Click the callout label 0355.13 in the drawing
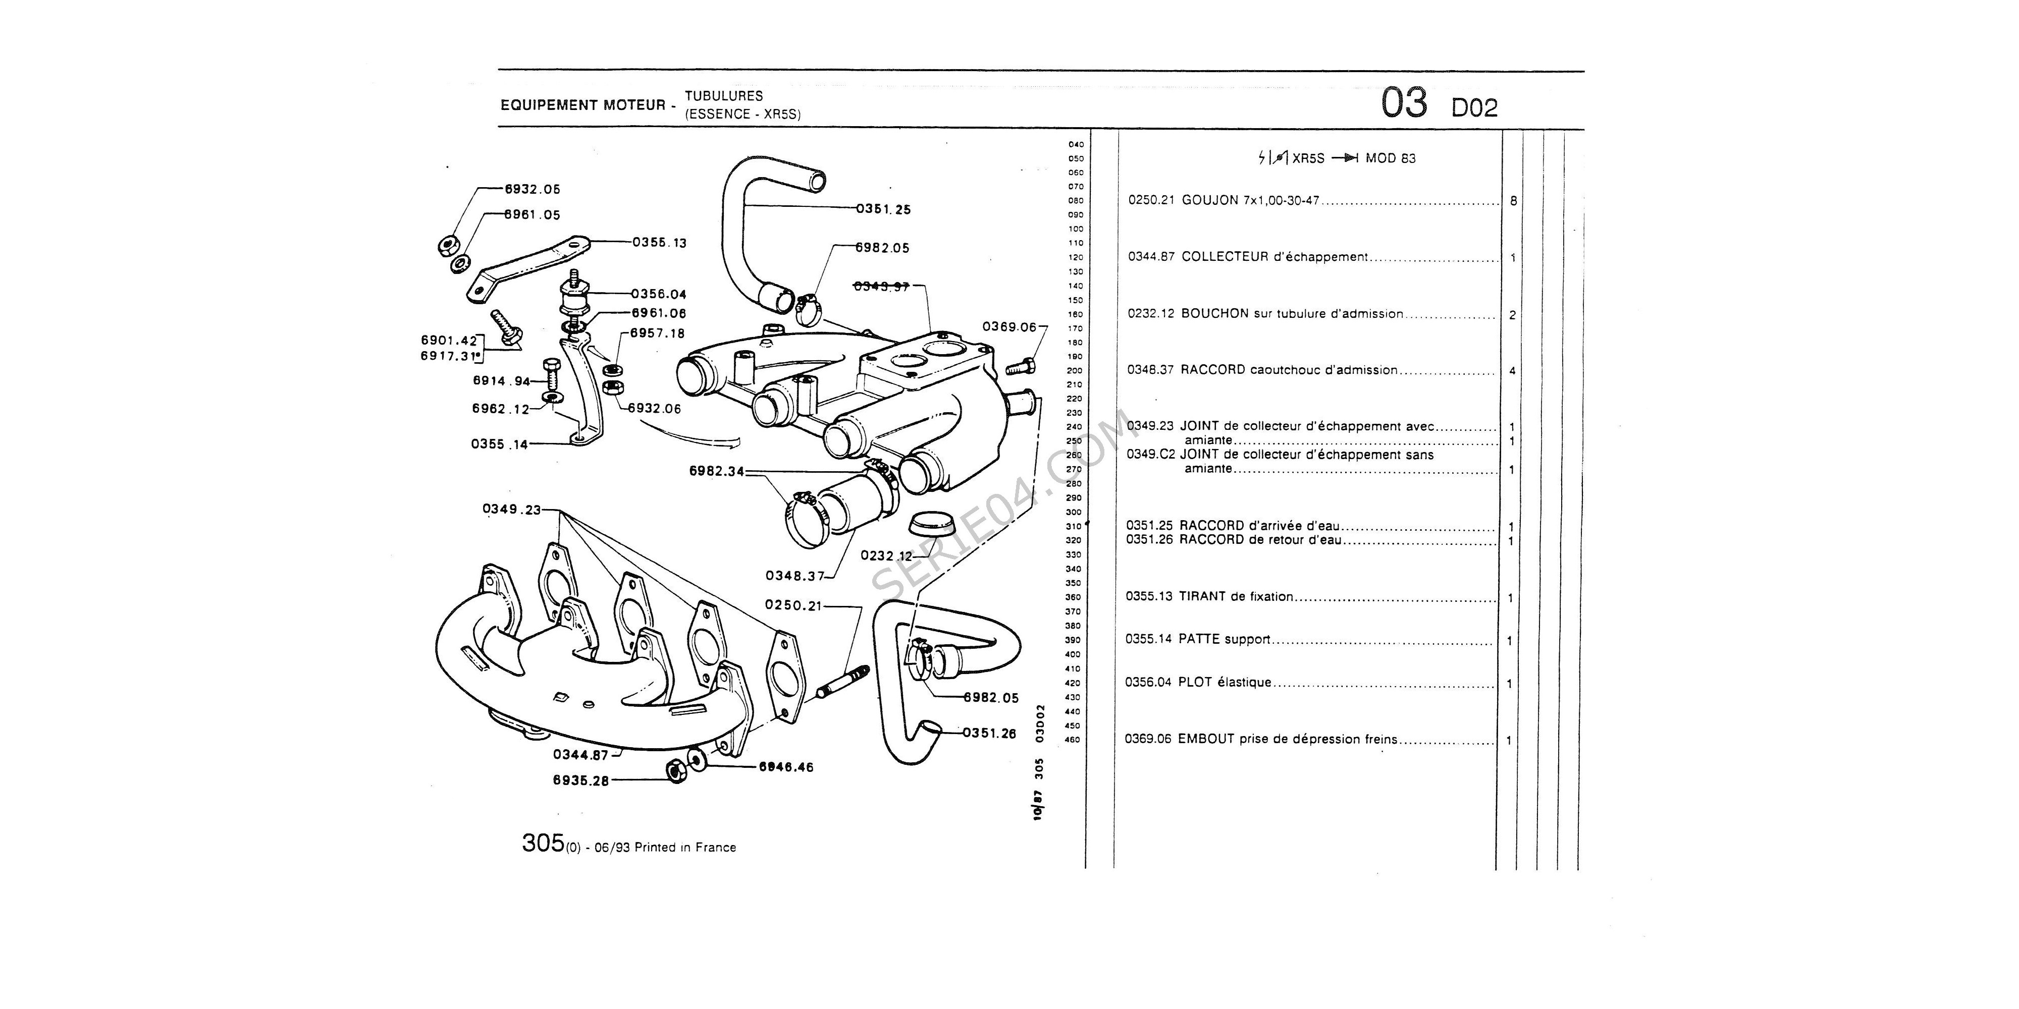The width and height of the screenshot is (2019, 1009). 659,243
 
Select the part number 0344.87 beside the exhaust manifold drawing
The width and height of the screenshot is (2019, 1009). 580,755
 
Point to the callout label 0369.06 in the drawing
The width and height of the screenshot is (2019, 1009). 1008,327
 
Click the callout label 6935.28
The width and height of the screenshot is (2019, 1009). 581,781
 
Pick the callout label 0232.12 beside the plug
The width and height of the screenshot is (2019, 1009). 886,556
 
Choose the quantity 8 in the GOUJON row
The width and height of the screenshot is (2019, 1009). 1513,201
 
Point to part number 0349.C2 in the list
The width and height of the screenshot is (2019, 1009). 1151,455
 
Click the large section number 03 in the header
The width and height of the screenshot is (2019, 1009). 1404,104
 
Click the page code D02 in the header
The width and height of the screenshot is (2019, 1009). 1474,108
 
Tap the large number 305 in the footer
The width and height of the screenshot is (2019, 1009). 543,844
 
